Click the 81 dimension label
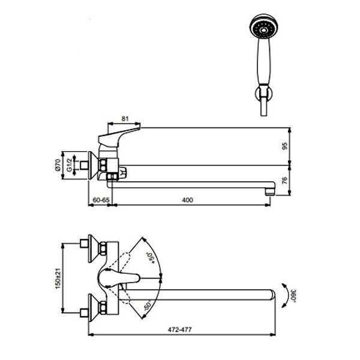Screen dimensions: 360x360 point(125,119)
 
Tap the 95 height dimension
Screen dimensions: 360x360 point(284,146)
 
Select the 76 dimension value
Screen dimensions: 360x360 point(284,181)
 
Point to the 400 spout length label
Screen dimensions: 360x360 point(187,200)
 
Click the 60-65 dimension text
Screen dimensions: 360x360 point(101,200)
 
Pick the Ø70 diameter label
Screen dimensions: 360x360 point(58,165)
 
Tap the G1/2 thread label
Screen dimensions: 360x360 point(69,166)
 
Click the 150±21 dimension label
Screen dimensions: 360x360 point(58,278)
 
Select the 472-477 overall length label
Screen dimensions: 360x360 point(179,329)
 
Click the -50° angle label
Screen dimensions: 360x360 point(148,305)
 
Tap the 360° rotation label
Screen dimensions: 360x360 point(293,296)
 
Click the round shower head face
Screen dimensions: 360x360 point(263,26)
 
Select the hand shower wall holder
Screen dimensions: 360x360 point(264,94)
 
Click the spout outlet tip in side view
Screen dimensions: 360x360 point(270,192)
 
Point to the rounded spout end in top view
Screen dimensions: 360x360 point(271,295)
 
